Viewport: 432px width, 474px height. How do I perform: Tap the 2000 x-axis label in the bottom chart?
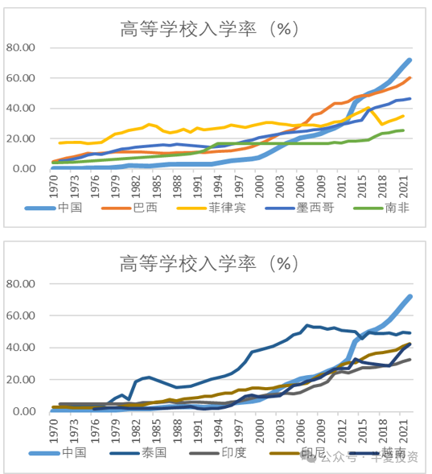click(x=260, y=428)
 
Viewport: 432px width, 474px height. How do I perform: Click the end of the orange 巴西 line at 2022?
click(x=410, y=78)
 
